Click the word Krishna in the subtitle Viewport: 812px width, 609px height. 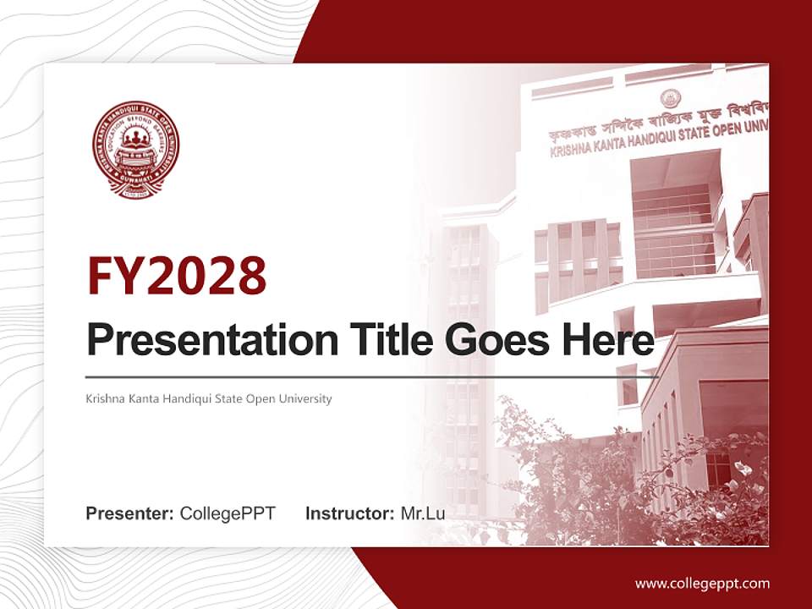pyautogui.click(x=105, y=398)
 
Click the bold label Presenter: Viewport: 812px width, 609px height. pyautogui.click(x=130, y=513)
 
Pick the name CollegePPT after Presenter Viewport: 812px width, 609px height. pyautogui.click(x=228, y=513)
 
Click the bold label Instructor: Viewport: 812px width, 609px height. pyautogui.click(x=350, y=513)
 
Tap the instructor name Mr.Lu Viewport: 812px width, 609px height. pyautogui.click(x=423, y=513)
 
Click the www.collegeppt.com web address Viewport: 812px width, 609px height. pyautogui.click(x=702, y=583)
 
